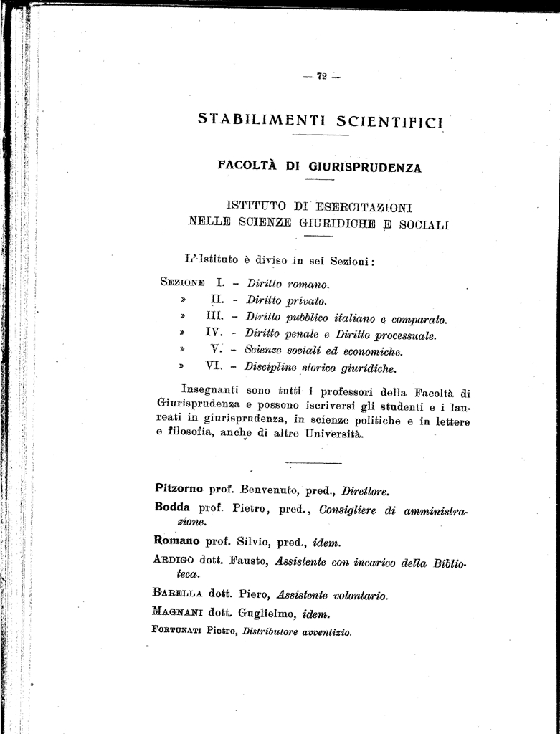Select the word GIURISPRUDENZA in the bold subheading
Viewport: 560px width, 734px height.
pos(365,168)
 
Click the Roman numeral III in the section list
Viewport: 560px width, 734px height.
pos(214,316)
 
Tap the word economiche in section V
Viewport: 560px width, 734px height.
pos(374,351)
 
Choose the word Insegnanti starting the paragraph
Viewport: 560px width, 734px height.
pos(211,391)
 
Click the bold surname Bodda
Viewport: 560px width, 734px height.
pos(172,507)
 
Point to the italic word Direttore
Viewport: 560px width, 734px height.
pos(365,492)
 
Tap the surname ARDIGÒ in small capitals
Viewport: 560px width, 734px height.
pos(173,560)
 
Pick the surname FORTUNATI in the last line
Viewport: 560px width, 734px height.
pos(177,630)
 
